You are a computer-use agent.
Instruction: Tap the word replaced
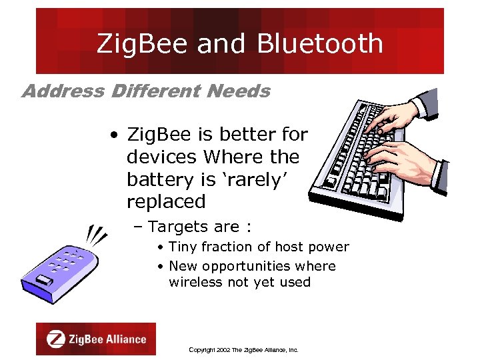[166, 202]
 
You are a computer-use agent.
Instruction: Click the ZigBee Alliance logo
[96, 339]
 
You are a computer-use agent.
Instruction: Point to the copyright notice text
[243, 349]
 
